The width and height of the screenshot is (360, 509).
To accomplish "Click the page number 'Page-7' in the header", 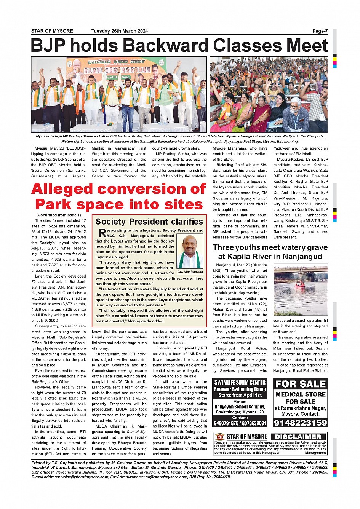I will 320,31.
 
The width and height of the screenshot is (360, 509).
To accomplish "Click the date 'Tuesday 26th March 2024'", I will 119,31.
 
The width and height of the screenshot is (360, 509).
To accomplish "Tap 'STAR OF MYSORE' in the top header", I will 52,31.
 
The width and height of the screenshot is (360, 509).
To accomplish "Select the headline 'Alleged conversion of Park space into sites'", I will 119,196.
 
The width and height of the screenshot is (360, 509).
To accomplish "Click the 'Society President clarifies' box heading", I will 149,222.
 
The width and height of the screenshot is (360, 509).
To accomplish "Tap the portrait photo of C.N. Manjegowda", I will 190,252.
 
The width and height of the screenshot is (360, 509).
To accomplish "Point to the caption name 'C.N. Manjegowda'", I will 190,272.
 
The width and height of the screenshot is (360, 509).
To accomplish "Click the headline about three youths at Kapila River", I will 270,252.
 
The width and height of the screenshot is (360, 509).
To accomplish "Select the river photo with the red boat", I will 300,290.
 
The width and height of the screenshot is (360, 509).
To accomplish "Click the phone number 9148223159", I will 300,423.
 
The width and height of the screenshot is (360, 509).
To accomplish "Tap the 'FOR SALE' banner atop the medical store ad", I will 300,384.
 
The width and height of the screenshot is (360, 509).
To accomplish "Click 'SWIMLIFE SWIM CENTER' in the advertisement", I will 240,383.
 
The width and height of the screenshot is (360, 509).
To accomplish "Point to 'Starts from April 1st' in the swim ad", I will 240,395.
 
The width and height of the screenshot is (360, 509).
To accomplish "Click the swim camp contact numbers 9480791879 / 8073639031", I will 240,423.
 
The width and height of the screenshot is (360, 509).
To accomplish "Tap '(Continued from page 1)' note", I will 59,215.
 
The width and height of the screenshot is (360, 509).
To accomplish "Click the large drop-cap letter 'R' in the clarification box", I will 102,233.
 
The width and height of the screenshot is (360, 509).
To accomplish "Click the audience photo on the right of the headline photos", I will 269,94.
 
